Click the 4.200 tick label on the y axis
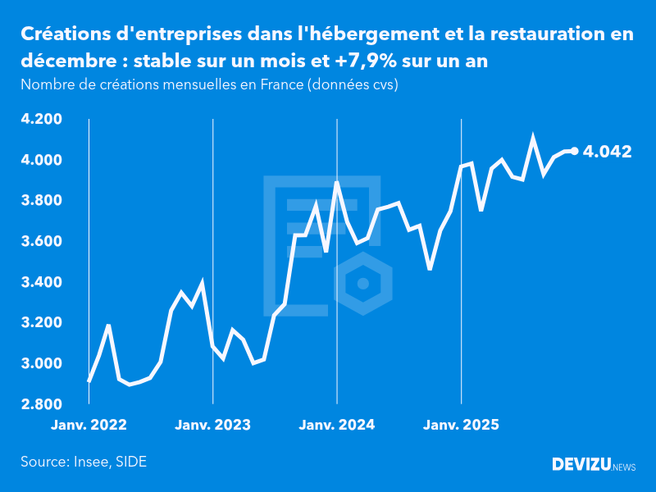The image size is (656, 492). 42,120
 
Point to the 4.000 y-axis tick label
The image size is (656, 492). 42,160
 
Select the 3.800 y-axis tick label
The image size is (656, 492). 42,201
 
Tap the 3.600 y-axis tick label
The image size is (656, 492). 42,242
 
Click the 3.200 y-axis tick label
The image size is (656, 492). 42,323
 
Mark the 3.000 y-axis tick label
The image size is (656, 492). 42,364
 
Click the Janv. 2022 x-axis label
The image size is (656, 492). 89,425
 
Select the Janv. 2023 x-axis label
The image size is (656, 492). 213,425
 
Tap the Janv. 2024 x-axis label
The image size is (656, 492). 337,425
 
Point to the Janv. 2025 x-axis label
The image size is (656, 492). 462,425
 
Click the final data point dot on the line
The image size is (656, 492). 574,151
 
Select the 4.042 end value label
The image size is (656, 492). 607,152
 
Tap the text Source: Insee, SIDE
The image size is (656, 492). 84,462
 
